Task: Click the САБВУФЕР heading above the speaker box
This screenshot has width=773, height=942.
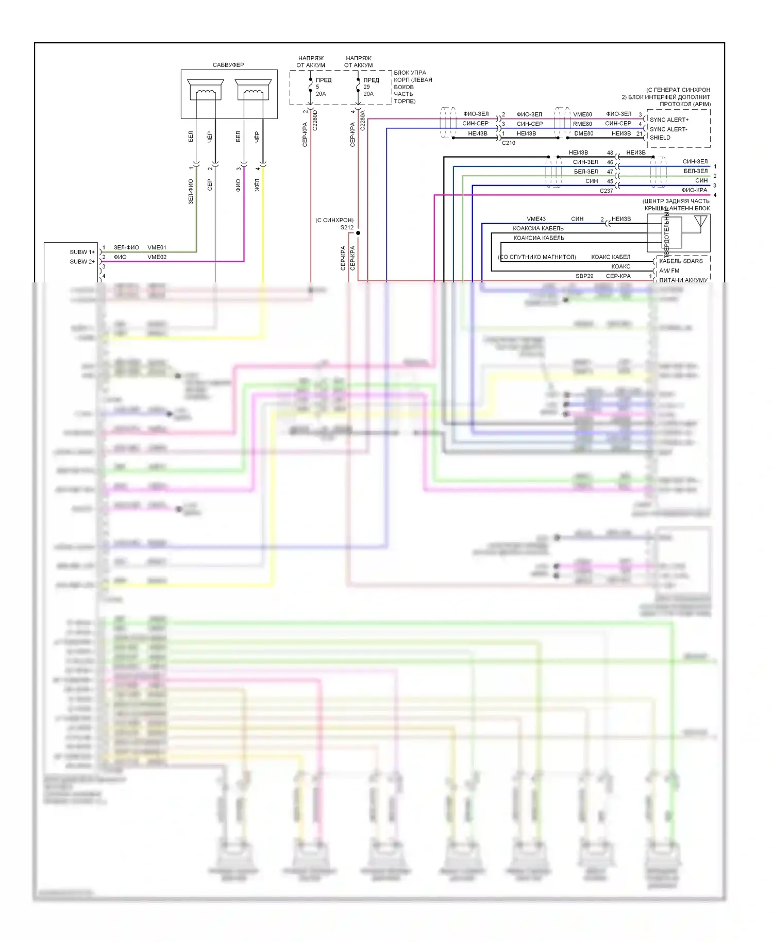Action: point(228,65)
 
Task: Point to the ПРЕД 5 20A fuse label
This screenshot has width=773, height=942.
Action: point(323,87)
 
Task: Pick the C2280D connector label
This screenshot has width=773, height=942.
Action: point(315,120)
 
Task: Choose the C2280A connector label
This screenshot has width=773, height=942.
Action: point(363,120)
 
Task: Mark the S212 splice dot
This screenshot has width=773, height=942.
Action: point(358,233)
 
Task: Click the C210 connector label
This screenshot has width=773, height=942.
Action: point(508,143)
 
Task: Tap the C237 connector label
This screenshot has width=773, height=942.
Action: point(606,191)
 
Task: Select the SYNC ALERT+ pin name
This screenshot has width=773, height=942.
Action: point(669,120)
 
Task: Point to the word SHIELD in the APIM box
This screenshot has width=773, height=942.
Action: point(660,138)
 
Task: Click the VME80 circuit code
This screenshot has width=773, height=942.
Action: point(582,114)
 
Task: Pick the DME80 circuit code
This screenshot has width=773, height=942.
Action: point(583,133)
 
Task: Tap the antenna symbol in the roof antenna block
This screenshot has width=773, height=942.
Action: point(700,223)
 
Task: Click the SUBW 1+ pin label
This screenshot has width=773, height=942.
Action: point(82,252)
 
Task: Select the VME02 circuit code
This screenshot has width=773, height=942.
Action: point(157,257)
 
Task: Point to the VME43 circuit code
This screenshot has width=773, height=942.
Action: point(536,219)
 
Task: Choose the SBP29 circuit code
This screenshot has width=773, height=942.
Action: point(584,276)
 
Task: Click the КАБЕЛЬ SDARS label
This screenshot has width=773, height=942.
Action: point(681,261)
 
